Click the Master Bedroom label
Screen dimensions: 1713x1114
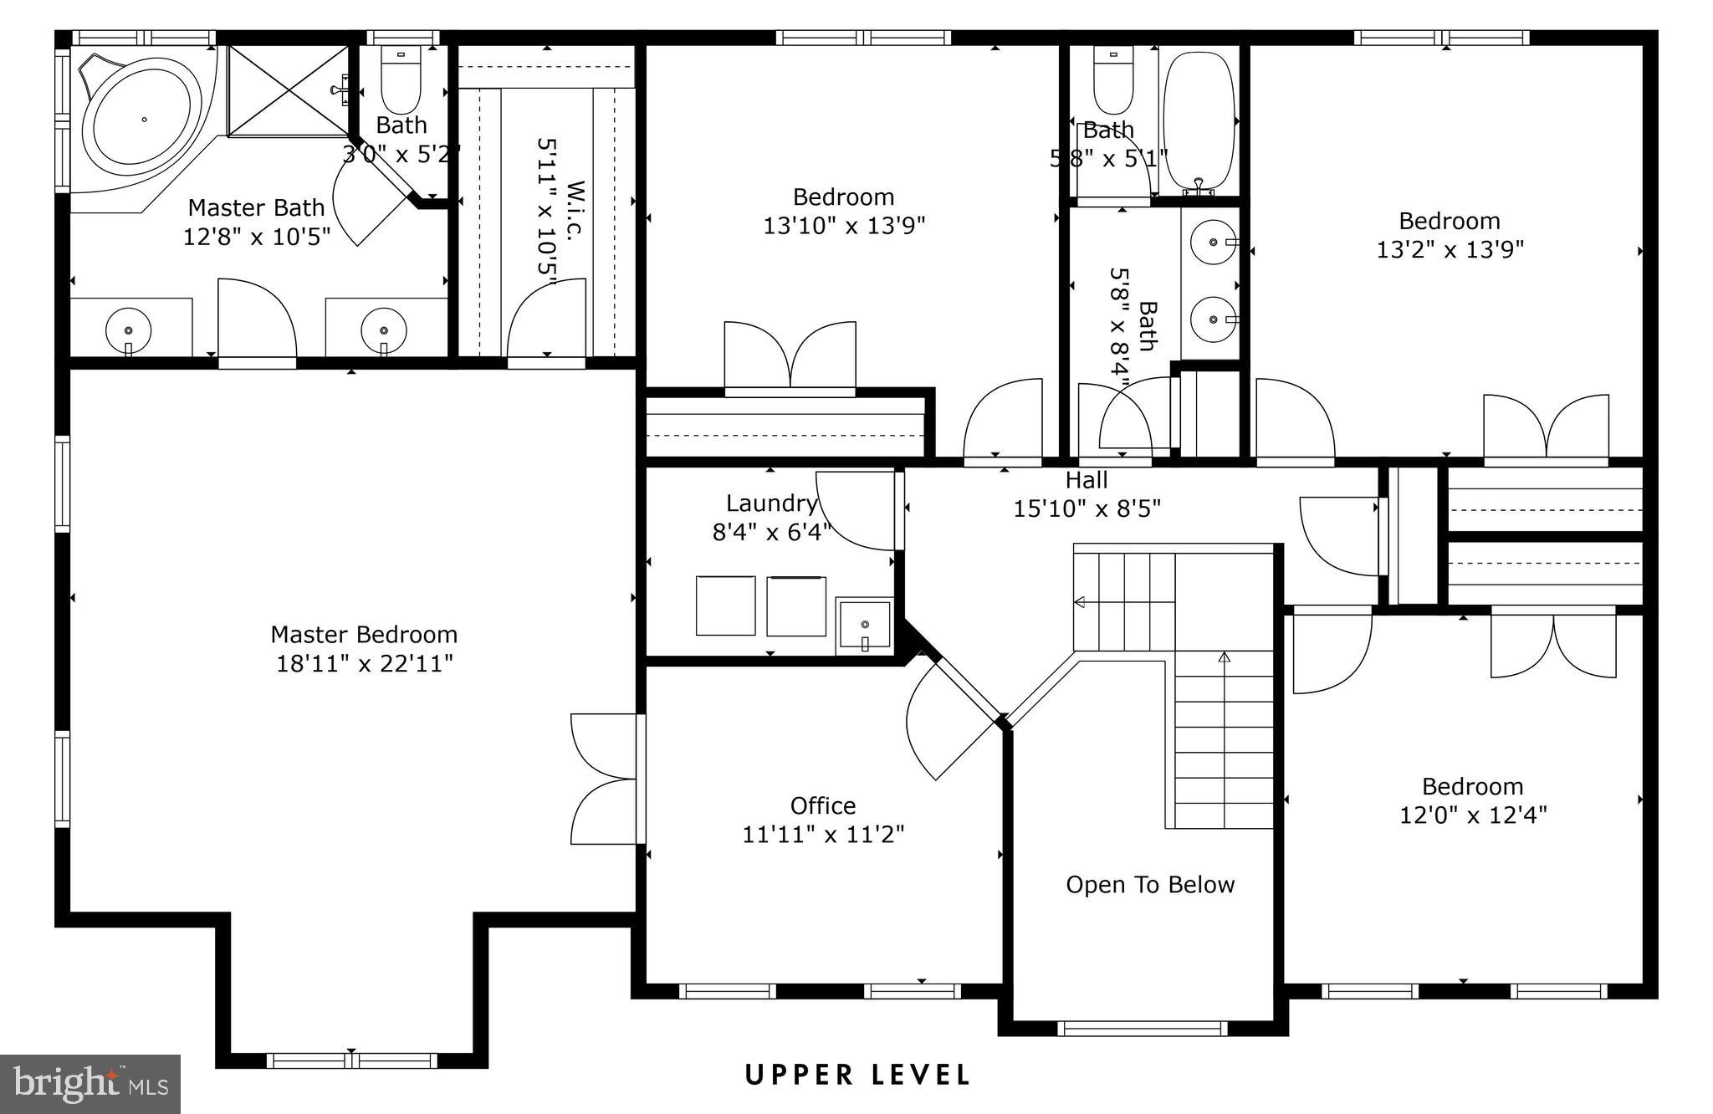(x=364, y=635)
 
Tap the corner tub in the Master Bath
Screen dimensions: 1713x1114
(x=144, y=119)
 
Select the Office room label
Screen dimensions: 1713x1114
(x=823, y=806)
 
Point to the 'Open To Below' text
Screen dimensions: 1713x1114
(x=1150, y=885)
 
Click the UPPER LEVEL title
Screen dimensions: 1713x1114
(x=858, y=1075)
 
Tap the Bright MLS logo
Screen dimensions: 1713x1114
(x=90, y=1085)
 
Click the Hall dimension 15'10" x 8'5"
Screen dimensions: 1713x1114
(x=1087, y=508)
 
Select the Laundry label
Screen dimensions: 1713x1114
(x=771, y=503)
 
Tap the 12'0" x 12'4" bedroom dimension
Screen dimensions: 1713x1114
(x=1474, y=815)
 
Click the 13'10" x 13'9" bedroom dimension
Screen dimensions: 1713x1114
(x=844, y=226)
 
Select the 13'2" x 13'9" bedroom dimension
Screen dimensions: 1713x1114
(x=1450, y=249)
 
